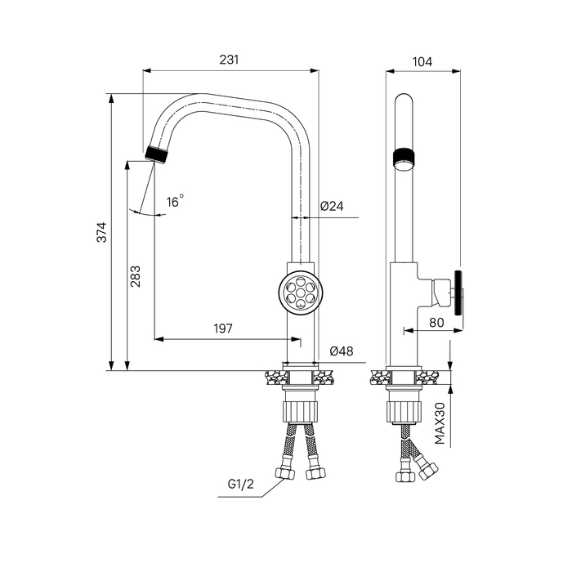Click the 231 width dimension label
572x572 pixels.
229,60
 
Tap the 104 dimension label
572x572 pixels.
422,61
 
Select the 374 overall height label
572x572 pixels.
102,232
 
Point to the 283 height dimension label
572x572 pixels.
136,276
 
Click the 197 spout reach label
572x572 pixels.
223,328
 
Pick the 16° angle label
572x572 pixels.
175,201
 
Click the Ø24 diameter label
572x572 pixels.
332,206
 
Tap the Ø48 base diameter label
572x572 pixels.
342,351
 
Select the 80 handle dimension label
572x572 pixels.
436,323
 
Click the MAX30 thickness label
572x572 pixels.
440,423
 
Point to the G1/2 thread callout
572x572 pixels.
240,484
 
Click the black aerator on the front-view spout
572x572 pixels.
157,154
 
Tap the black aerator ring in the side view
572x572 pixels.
404,157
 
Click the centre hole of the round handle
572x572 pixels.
300,292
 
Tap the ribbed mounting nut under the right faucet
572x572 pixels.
404,412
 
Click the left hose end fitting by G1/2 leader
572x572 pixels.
284,473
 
